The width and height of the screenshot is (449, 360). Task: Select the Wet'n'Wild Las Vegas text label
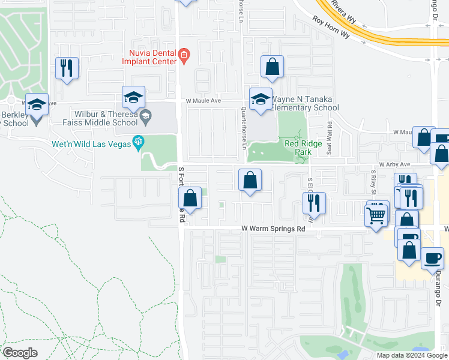(93, 142)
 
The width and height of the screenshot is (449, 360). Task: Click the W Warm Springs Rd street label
(273, 229)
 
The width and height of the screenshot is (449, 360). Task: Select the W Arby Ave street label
(394, 164)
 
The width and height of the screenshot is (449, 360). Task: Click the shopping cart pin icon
(376, 214)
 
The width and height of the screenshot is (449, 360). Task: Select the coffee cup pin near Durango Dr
(432, 259)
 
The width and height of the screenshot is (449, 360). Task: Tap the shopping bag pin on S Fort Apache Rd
(190, 199)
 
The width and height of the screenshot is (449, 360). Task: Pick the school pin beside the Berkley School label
(37, 106)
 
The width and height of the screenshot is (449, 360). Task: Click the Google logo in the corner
(20, 353)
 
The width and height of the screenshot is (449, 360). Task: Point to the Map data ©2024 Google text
(412, 355)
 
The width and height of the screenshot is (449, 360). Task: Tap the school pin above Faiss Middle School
(133, 97)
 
